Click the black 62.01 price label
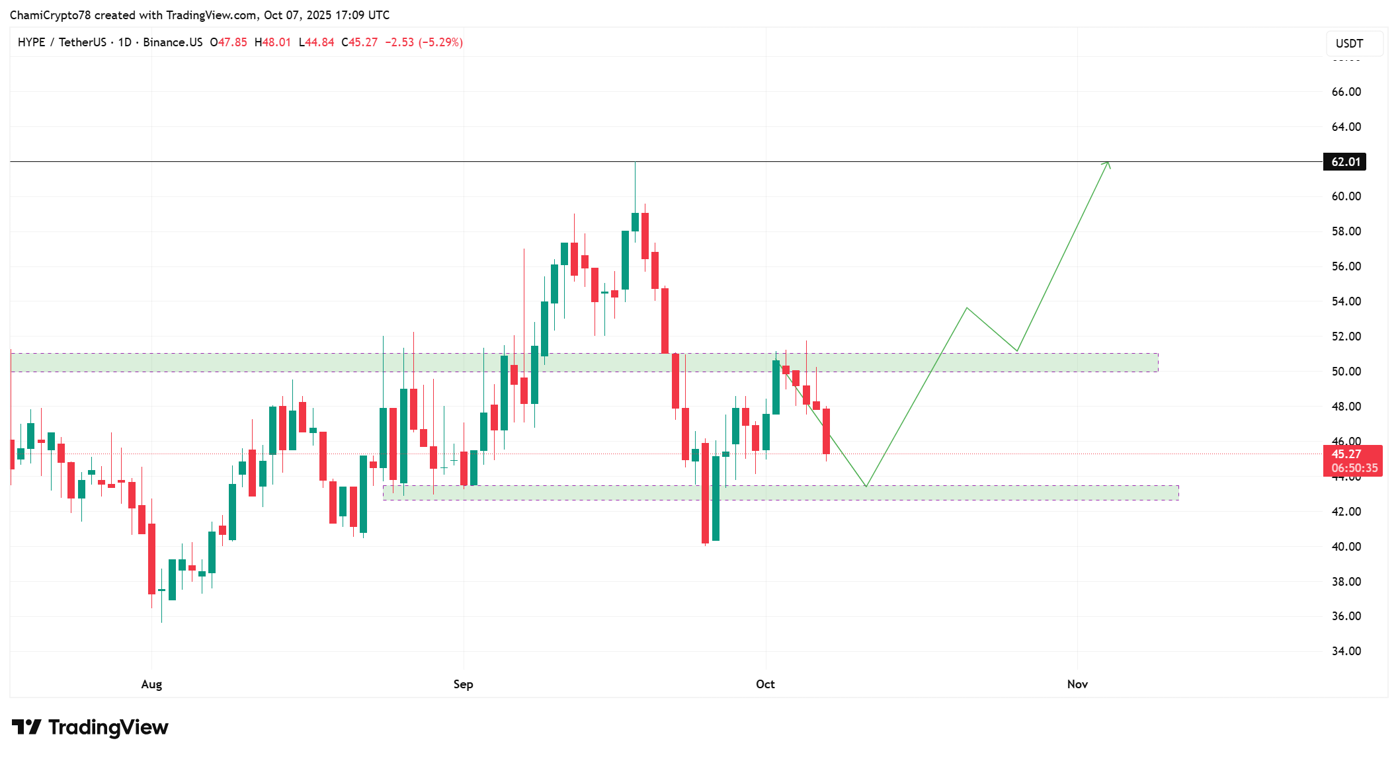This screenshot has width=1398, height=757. coord(1344,162)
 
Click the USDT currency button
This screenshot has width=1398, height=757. coord(1349,44)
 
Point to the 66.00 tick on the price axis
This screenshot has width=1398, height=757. coord(1346,92)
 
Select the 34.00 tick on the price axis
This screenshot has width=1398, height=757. coord(1346,651)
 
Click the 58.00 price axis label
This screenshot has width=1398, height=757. coord(1346,231)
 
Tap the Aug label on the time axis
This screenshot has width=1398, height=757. coord(151,684)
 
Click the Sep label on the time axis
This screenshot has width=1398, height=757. coord(463,684)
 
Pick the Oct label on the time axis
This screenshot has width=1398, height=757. coord(765,684)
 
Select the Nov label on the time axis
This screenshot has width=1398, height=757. coord(1077,684)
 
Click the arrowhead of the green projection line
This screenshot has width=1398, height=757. coord(1108,163)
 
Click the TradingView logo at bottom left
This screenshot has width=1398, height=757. coord(90,727)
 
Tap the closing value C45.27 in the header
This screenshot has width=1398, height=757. coord(360,42)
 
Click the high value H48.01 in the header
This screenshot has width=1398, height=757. coord(272,42)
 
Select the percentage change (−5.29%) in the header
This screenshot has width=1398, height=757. coord(440,42)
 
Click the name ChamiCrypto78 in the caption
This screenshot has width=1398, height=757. coord(50,15)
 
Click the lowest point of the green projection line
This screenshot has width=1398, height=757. coord(866,487)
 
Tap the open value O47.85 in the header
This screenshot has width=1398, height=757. coord(228,42)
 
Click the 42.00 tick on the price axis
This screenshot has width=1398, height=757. coord(1346,512)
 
